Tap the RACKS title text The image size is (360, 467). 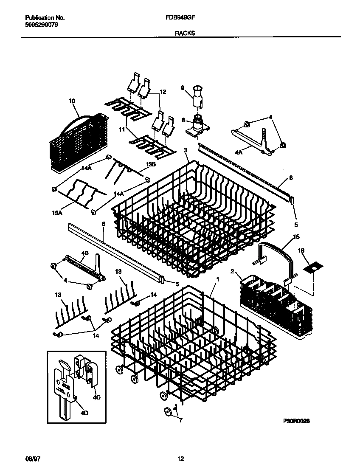[x=185, y=33]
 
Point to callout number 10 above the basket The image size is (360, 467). [x=72, y=101]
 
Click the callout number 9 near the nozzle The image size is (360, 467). [x=183, y=88]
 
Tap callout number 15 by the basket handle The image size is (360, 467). [x=296, y=236]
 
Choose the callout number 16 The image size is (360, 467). [x=313, y=251]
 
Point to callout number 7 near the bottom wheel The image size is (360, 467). [x=181, y=421]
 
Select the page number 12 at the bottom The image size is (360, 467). [x=181, y=459]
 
